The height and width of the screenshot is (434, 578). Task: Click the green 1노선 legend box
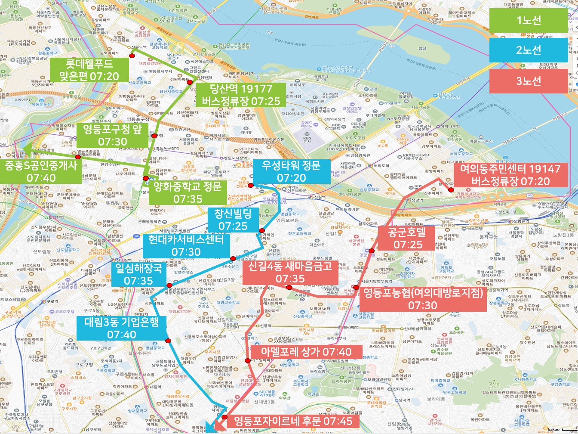[x=528, y=20]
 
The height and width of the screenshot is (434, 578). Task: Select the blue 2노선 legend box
[x=528, y=50]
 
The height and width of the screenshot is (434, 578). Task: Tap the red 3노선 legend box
[x=528, y=81]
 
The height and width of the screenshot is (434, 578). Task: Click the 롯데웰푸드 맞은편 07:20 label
[x=89, y=70]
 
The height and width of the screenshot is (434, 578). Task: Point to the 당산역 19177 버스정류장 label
[x=241, y=95]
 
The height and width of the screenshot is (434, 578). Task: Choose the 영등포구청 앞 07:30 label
[x=112, y=135]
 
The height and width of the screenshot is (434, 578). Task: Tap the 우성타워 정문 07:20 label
[x=291, y=171]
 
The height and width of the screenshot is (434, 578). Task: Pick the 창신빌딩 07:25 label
[x=233, y=219]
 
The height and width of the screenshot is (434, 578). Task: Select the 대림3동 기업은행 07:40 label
[x=122, y=328]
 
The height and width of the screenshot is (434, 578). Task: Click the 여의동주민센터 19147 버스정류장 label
[x=510, y=175]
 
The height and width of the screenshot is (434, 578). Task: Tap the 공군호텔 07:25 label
[x=406, y=238]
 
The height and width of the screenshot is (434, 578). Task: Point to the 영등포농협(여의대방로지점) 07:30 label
[x=422, y=299]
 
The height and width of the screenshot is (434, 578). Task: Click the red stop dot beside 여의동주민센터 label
[x=451, y=190]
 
